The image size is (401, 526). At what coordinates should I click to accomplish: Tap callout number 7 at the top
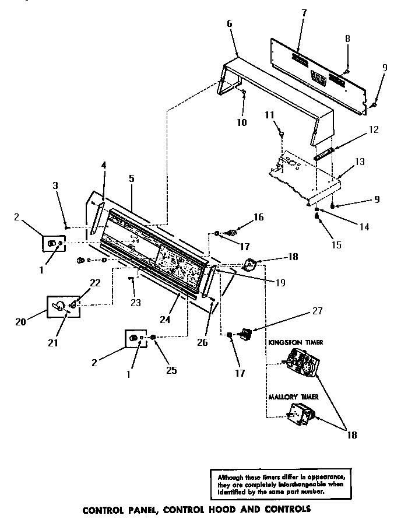click(304, 13)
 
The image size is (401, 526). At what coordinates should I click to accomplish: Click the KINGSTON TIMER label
click(296, 342)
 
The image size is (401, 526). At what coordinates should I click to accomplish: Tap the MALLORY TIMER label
click(293, 397)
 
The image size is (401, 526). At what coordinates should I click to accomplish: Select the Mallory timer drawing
click(302, 415)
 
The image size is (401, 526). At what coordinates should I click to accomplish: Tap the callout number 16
click(258, 217)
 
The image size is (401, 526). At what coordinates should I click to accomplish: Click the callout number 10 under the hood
click(242, 122)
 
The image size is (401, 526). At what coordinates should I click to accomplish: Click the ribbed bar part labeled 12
click(324, 155)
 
